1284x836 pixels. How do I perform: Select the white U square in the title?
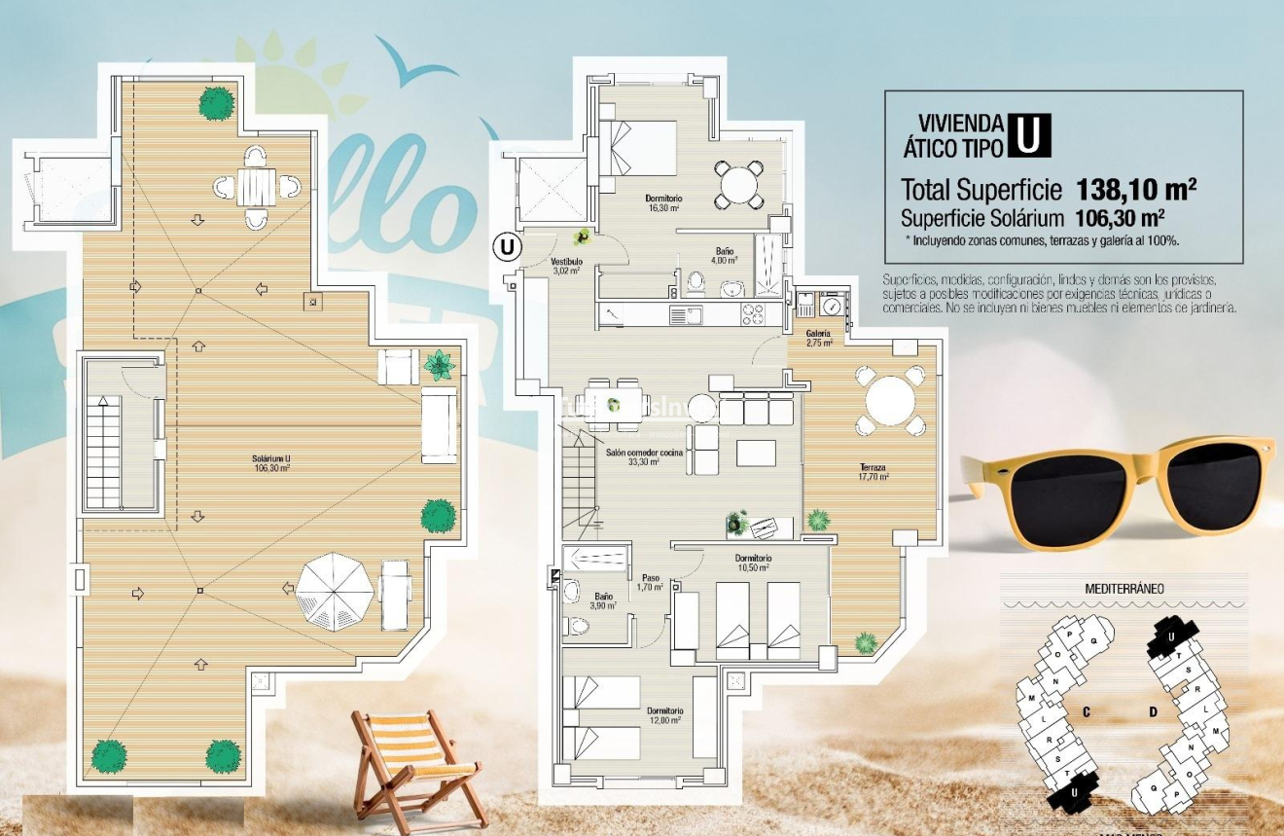1029,135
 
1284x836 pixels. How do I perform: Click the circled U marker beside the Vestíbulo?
506,247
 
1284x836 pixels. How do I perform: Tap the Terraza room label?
873,472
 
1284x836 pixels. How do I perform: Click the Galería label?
818,338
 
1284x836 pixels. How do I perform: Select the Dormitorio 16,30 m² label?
662,202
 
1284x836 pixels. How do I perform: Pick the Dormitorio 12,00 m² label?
665,715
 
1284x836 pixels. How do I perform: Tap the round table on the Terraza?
889,400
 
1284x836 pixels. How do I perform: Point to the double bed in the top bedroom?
638,148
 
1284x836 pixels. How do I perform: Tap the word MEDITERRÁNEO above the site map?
1123,589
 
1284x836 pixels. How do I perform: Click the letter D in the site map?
1153,711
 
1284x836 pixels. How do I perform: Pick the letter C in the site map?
1086,711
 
